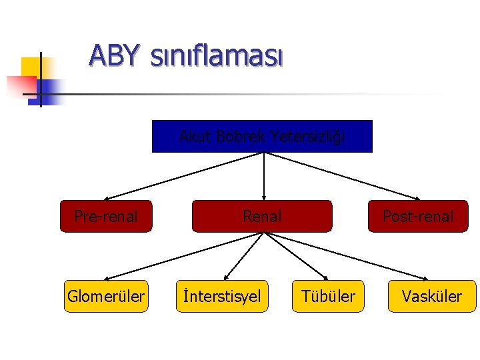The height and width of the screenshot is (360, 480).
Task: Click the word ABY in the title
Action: click(x=115, y=56)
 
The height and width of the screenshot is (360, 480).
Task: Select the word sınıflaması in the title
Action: click(x=217, y=57)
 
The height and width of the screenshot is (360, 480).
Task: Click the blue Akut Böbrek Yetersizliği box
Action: click(x=262, y=137)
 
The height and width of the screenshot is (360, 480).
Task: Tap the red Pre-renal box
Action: click(x=106, y=216)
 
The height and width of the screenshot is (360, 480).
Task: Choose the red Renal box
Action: click(x=262, y=216)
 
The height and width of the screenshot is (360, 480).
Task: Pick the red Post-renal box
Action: click(x=418, y=216)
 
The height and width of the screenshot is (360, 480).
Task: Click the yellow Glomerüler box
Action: click(x=106, y=296)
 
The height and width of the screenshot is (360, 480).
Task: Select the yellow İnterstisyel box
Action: click(x=222, y=296)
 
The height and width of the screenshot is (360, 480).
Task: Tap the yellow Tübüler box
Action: click(x=329, y=296)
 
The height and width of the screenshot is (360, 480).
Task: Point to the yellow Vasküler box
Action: click(x=431, y=296)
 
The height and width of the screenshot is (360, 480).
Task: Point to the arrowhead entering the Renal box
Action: click(x=264, y=197)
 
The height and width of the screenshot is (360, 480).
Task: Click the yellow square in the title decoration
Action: click(x=31, y=67)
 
